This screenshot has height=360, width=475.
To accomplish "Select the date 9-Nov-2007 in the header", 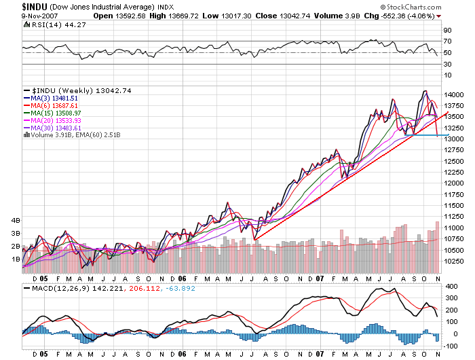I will pyautogui.click(x=22, y=16).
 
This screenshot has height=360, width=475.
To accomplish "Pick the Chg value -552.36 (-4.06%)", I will pyautogui.click(x=403, y=16).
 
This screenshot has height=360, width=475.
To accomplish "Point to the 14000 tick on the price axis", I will pyautogui.click(x=453, y=94).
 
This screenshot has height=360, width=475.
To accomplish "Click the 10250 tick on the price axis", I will pyautogui.click(x=453, y=261).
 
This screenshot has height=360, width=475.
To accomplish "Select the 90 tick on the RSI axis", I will pyautogui.click(x=447, y=31).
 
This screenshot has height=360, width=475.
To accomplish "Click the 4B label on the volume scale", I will pyautogui.click(x=14, y=221).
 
